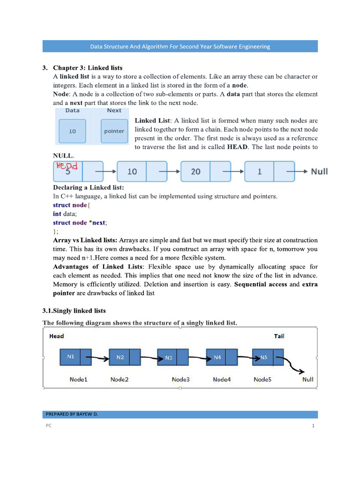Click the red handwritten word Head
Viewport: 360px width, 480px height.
67,166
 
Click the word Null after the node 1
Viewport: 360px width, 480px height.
319,172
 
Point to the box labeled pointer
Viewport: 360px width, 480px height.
114,131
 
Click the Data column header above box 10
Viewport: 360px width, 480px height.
72,111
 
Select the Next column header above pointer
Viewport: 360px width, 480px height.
114,111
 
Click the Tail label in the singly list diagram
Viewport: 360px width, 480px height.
279,336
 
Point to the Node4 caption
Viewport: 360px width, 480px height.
222,379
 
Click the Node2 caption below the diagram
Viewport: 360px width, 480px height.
120,379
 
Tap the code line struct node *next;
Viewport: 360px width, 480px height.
83,223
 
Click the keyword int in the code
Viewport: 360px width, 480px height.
57,214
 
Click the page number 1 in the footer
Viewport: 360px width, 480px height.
312,426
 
